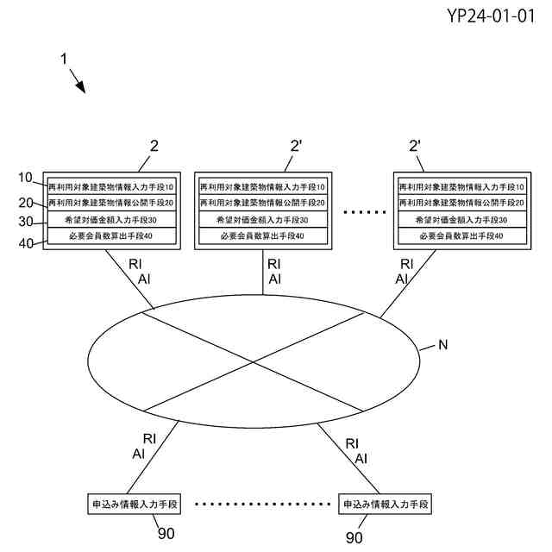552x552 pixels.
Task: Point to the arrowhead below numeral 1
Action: [x=82, y=87]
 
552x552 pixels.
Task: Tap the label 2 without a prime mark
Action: [x=154, y=146]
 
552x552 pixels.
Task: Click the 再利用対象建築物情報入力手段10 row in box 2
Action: [x=111, y=186]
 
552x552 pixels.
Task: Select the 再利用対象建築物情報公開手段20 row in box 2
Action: [x=111, y=203]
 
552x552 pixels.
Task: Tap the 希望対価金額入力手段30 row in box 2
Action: [x=111, y=220]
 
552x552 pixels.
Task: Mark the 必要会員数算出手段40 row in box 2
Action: [x=111, y=236]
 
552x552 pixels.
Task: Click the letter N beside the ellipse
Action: [x=442, y=346]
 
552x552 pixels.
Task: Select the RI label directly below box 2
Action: [x=135, y=264]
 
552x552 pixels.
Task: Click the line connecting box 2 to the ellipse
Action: [x=129, y=277]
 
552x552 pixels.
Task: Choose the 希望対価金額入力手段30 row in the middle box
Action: [x=262, y=220]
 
